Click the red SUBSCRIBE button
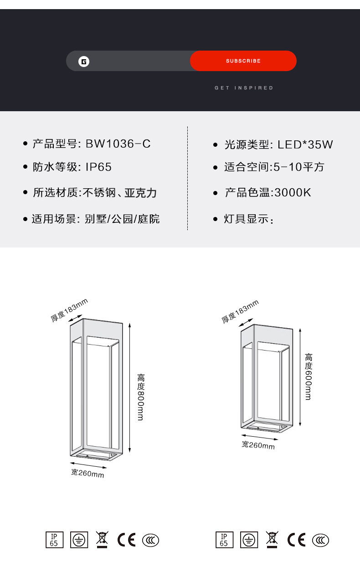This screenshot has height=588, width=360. pyautogui.click(x=243, y=61)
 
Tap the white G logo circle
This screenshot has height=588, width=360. pyautogui.click(x=84, y=62)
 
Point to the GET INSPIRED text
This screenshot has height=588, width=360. pyautogui.click(x=244, y=88)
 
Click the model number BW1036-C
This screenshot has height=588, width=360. pyautogui.click(x=118, y=144)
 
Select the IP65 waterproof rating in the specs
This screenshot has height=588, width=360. pyautogui.click(x=98, y=167)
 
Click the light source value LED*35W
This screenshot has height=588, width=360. pyautogui.click(x=305, y=145)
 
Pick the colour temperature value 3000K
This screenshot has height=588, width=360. pyautogui.click(x=292, y=192)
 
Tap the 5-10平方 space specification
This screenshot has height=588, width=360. pyautogui.click(x=299, y=167)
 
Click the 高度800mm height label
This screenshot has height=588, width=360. pyautogui.click(x=141, y=397)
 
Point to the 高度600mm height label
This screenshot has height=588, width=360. pyautogui.click(x=309, y=377)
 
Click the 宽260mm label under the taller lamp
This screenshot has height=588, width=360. pyautogui.click(x=87, y=474)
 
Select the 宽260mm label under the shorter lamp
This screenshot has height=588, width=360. pyautogui.click(x=258, y=445)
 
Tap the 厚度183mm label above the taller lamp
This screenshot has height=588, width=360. pyautogui.click(x=69, y=309)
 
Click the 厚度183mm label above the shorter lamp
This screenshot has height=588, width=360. pyautogui.click(x=240, y=311)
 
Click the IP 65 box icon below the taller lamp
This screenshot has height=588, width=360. pyautogui.click(x=54, y=540)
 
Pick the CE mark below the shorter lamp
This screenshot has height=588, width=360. pyautogui.click(x=296, y=540)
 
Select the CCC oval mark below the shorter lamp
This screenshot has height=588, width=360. pyautogui.click(x=320, y=540)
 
